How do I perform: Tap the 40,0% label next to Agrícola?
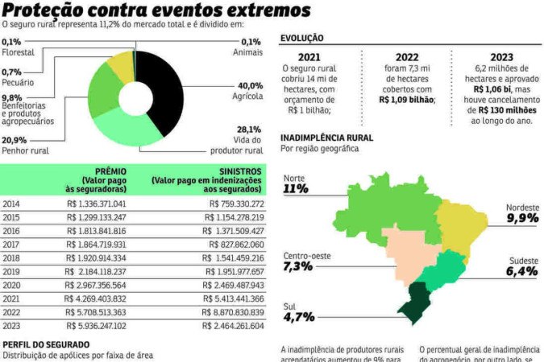point(250,85)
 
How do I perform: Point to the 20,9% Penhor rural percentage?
point(13,140)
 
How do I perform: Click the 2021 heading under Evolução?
point(309,57)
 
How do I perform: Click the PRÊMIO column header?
point(110,171)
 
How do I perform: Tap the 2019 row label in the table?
point(11,271)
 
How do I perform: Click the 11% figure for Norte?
point(296,188)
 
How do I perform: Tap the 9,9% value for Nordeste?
point(521,218)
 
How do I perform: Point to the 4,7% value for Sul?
point(298,317)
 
